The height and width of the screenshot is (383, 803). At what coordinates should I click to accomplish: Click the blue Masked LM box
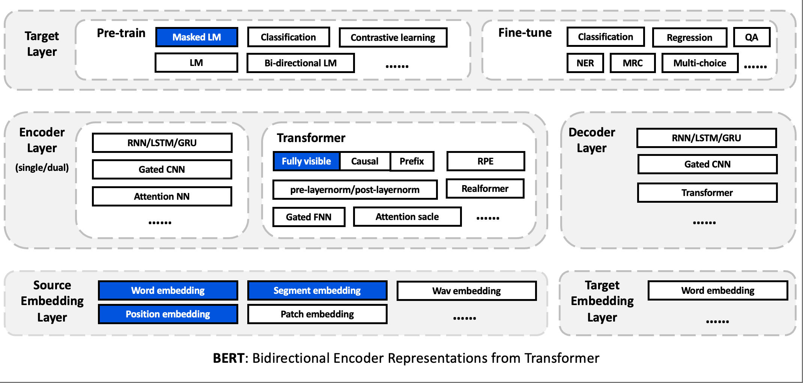point(197,37)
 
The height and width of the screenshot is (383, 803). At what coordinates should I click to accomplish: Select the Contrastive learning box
point(393,37)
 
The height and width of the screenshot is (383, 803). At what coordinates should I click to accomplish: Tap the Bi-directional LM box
point(301,63)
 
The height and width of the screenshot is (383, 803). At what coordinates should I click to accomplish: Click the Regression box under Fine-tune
point(689,37)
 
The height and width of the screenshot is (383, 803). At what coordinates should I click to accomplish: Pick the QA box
point(752,37)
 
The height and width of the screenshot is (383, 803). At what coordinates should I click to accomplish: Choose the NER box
point(585,63)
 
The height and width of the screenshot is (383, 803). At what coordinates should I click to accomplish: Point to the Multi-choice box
point(700,63)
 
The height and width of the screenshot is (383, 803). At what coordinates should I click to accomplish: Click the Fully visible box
point(306,161)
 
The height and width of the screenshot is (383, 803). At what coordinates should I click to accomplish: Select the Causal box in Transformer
point(364,161)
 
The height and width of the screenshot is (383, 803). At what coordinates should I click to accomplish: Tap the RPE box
point(485,161)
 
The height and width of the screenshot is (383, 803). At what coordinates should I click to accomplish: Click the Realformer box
point(485,189)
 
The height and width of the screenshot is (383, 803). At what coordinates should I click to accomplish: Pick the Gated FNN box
point(308,217)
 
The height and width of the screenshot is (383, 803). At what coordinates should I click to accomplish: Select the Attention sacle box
point(407,217)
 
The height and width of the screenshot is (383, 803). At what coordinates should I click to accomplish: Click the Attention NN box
point(162,196)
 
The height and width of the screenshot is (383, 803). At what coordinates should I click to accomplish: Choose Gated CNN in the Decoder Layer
point(707,164)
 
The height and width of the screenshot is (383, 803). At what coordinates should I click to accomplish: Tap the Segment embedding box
point(317,290)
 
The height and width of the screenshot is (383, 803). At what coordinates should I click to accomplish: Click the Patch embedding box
point(317,314)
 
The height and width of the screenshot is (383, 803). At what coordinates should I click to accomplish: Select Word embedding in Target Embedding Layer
point(717,290)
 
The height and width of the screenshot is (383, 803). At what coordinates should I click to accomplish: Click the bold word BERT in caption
point(229,358)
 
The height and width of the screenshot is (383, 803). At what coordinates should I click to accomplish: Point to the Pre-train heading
point(121,33)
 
